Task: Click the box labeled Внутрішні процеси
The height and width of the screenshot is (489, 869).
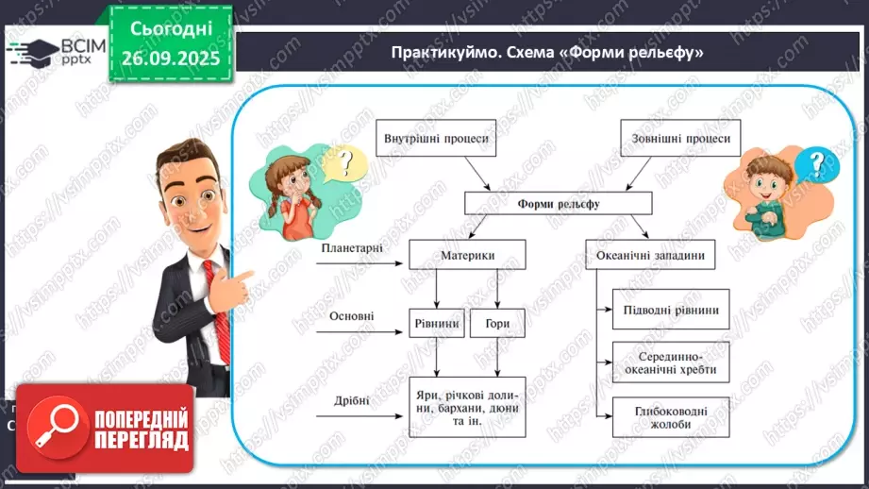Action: tap(436, 139)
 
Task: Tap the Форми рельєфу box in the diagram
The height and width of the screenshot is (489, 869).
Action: tap(559, 203)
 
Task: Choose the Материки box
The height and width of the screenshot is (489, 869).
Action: tap(467, 255)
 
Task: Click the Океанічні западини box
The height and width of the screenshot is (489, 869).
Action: tap(651, 255)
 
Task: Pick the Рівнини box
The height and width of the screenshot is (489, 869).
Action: tap(436, 324)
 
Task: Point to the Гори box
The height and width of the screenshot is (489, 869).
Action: tap(497, 324)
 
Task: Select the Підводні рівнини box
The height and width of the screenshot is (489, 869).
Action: tap(671, 310)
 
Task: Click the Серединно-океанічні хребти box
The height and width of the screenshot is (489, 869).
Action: tap(671, 363)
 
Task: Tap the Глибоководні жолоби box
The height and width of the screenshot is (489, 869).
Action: tap(671, 416)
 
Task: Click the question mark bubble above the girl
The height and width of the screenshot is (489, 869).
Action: tap(344, 162)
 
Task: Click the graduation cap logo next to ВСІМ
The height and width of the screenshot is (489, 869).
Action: tap(30, 51)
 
